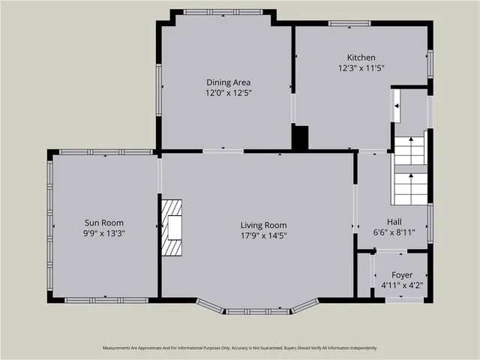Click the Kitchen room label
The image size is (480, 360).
361,58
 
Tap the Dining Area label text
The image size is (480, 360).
228,82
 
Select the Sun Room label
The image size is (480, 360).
103,223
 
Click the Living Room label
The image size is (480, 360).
263,225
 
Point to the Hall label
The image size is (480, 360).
394,221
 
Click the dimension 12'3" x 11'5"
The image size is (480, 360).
361,68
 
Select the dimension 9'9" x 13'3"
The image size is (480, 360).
103,233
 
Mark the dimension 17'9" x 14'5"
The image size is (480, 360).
263,235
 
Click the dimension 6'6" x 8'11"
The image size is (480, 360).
394,232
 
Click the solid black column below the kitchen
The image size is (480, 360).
299,138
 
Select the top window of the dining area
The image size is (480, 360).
223,11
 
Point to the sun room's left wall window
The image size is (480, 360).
50,225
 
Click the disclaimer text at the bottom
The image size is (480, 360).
240,348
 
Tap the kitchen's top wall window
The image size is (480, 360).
349,24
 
